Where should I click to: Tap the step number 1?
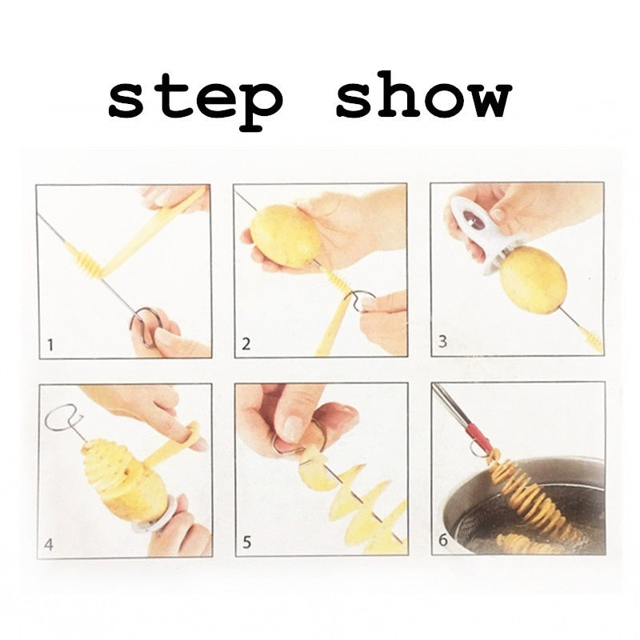tap(50, 346)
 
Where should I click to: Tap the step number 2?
tap(246, 345)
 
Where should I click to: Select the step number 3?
tap(442, 344)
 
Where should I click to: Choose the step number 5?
tap(246, 543)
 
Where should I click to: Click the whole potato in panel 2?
tap(286, 235)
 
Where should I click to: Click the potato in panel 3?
tap(533, 279)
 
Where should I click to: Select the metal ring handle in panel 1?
tap(146, 324)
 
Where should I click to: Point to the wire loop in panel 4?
tap(63, 418)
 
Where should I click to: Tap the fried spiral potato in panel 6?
tap(524, 500)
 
